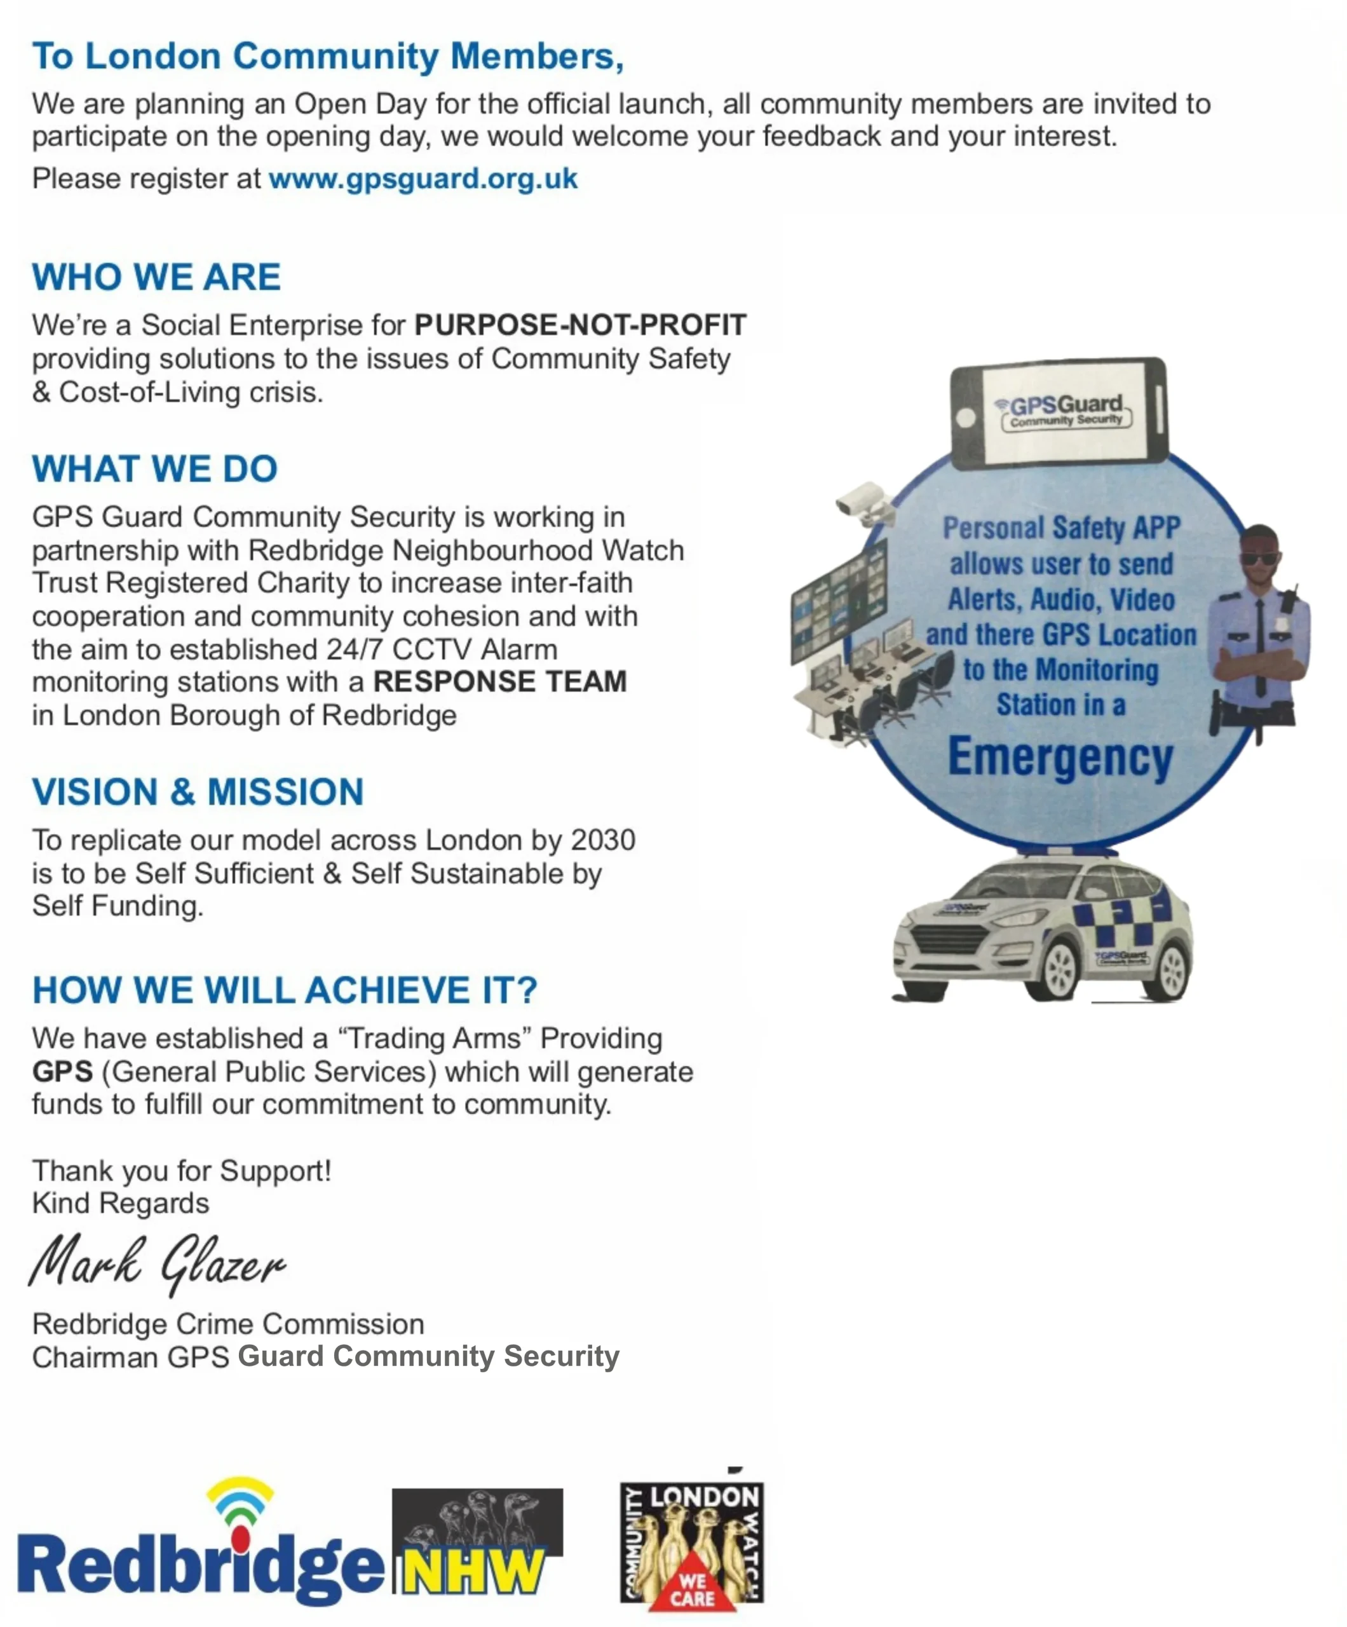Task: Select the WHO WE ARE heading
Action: point(156,276)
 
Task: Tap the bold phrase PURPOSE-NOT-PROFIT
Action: point(579,325)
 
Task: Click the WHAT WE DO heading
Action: point(154,469)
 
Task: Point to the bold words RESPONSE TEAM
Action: point(499,682)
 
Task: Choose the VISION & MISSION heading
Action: point(198,792)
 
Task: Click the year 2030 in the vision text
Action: point(602,840)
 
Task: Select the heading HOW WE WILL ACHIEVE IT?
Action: point(284,990)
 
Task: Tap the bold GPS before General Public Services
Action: point(62,1072)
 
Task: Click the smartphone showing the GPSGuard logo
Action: point(1058,413)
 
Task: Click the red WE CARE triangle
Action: point(692,1588)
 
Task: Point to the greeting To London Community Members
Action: point(328,57)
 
